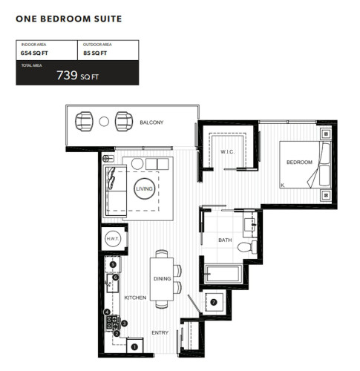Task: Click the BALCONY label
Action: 151,122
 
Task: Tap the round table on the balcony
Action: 104,122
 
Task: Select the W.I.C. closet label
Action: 228,151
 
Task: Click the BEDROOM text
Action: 299,162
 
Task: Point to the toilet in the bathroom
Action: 247,247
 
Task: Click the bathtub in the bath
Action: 223,274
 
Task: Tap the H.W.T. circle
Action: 113,239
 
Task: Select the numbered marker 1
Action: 134,347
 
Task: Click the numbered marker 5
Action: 113,265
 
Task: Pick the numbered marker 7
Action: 214,302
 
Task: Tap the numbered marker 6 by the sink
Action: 116,278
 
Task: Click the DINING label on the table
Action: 163,279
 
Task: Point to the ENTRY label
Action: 160,332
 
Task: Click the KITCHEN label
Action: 135,298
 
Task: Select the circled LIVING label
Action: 145,188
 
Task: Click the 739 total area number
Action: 67,75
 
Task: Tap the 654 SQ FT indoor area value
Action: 34,53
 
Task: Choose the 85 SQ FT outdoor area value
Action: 95,53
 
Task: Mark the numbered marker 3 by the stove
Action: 124,323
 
